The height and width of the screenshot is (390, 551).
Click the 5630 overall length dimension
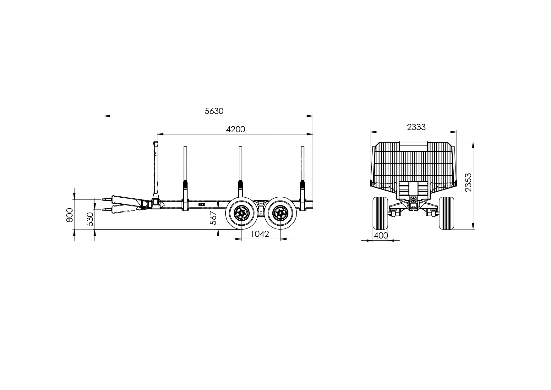click(214, 111)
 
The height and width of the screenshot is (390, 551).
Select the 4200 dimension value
click(236, 129)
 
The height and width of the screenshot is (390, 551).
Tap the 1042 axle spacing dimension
click(260, 234)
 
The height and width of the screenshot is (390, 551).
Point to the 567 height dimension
click(213, 218)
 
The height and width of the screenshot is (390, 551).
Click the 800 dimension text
click(70, 215)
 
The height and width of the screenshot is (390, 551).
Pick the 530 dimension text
click(90, 219)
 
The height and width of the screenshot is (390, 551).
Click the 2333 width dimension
click(416, 127)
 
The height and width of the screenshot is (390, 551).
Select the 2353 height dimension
click(468, 182)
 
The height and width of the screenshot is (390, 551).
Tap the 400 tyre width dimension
click(381, 235)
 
